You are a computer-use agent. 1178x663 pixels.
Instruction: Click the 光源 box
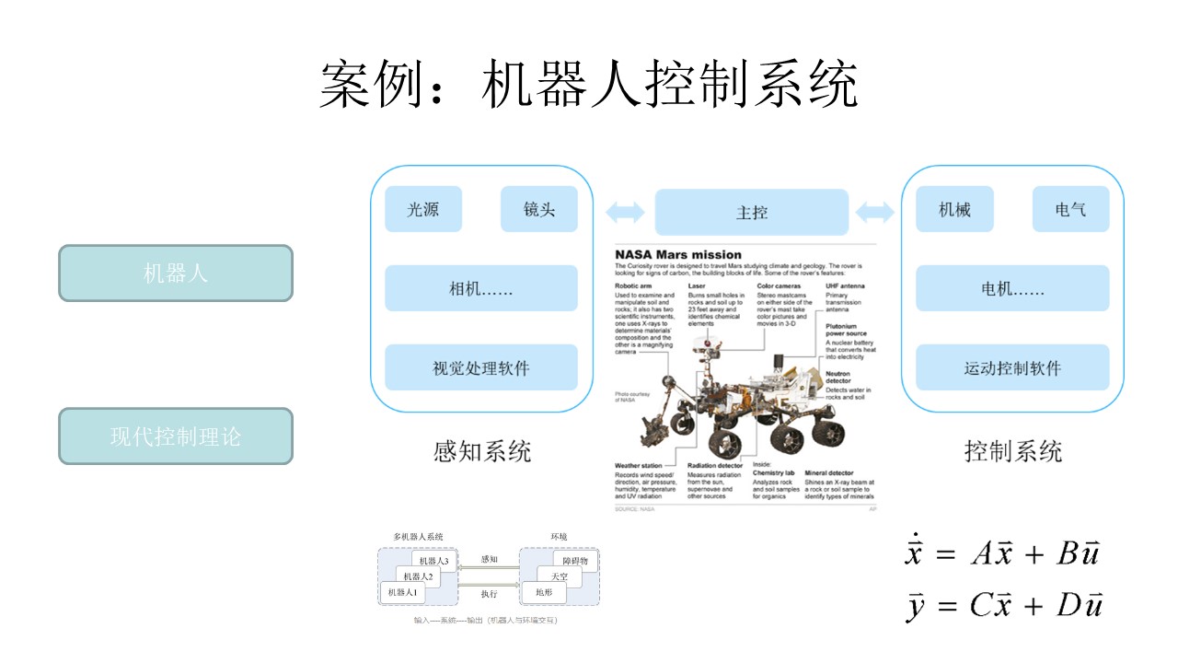pyautogui.click(x=423, y=209)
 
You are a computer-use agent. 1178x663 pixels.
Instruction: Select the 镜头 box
pyautogui.click(x=539, y=209)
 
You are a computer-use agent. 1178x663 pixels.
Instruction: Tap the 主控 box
pyautogui.click(x=751, y=212)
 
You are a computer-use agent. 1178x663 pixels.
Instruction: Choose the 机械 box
pyautogui.click(x=954, y=209)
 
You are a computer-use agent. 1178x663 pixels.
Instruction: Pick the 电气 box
pyautogui.click(x=1070, y=209)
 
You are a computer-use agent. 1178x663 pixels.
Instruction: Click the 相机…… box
pyautogui.click(x=480, y=288)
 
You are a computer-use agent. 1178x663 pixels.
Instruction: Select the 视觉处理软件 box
pyautogui.click(x=480, y=367)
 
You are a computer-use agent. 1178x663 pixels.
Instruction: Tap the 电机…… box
pyautogui.click(x=1012, y=288)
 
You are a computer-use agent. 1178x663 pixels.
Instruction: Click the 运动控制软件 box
pyautogui.click(x=1012, y=367)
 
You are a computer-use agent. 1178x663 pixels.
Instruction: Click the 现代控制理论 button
pyautogui.click(x=176, y=436)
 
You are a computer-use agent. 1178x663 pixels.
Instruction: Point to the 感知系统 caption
pyautogui.click(x=482, y=451)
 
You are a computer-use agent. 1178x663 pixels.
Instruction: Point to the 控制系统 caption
pyautogui.click(x=1012, y=451)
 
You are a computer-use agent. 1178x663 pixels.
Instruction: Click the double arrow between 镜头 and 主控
pyautogui.click(x=625, y=213)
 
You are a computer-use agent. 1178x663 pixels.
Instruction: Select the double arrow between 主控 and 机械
pyautogui.click(x=874, y=213)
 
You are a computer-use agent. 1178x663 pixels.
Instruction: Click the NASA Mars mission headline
pyautogui.click(x=678, y=254)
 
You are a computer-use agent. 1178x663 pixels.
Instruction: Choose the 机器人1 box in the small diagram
pyautogui.click(x=402, y=592)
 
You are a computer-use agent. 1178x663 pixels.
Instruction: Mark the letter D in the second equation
pyautogui.click(x=1068, y=605)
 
